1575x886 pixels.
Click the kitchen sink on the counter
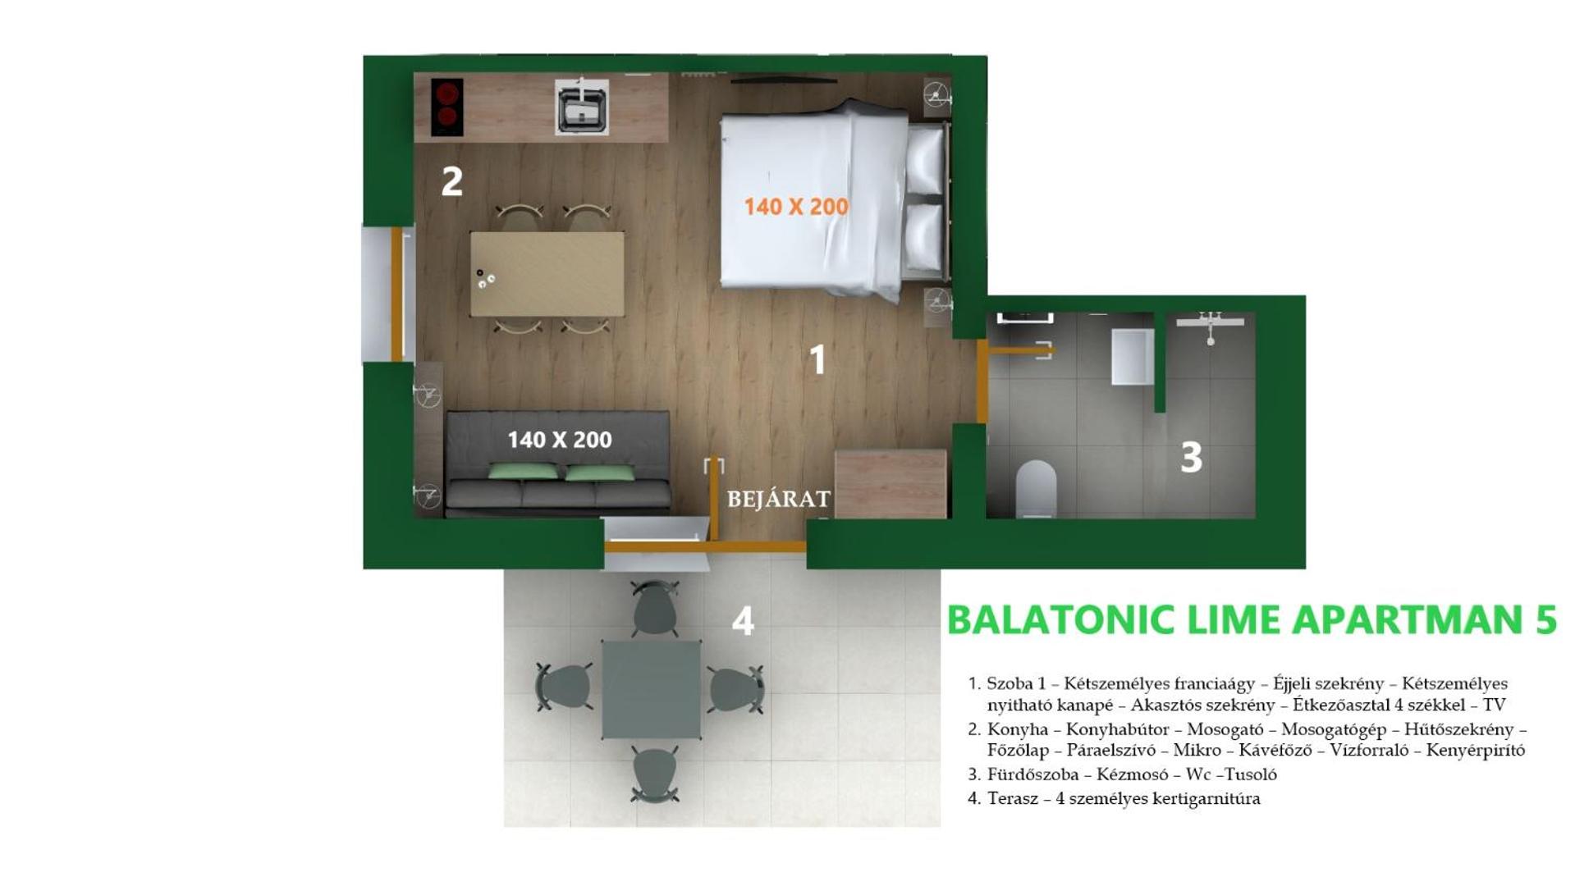tap(581, 107)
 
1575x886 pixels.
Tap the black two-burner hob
tap(446, 107)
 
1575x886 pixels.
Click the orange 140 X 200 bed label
tap(796, 207)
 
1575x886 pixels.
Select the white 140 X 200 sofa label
tap(560, 440)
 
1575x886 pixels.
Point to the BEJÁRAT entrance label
tap(779, 499)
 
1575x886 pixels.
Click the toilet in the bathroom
tap(1036, 489)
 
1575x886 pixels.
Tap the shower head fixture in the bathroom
tap(1211, 327)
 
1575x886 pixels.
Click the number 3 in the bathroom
tap(1191, 458)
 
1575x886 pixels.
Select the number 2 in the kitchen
tap(452, 181)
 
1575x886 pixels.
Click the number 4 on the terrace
tap(743, 621)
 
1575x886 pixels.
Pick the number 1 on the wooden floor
tap(817, 359)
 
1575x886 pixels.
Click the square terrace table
tap(652, 690)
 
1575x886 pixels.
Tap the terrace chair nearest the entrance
tap(655, 608)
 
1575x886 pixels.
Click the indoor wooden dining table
tap(547, 274)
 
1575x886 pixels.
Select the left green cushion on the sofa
tap(524, 472)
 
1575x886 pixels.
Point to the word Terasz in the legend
tap(1013, 798)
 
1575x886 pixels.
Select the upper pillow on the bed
tap(925, 160)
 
